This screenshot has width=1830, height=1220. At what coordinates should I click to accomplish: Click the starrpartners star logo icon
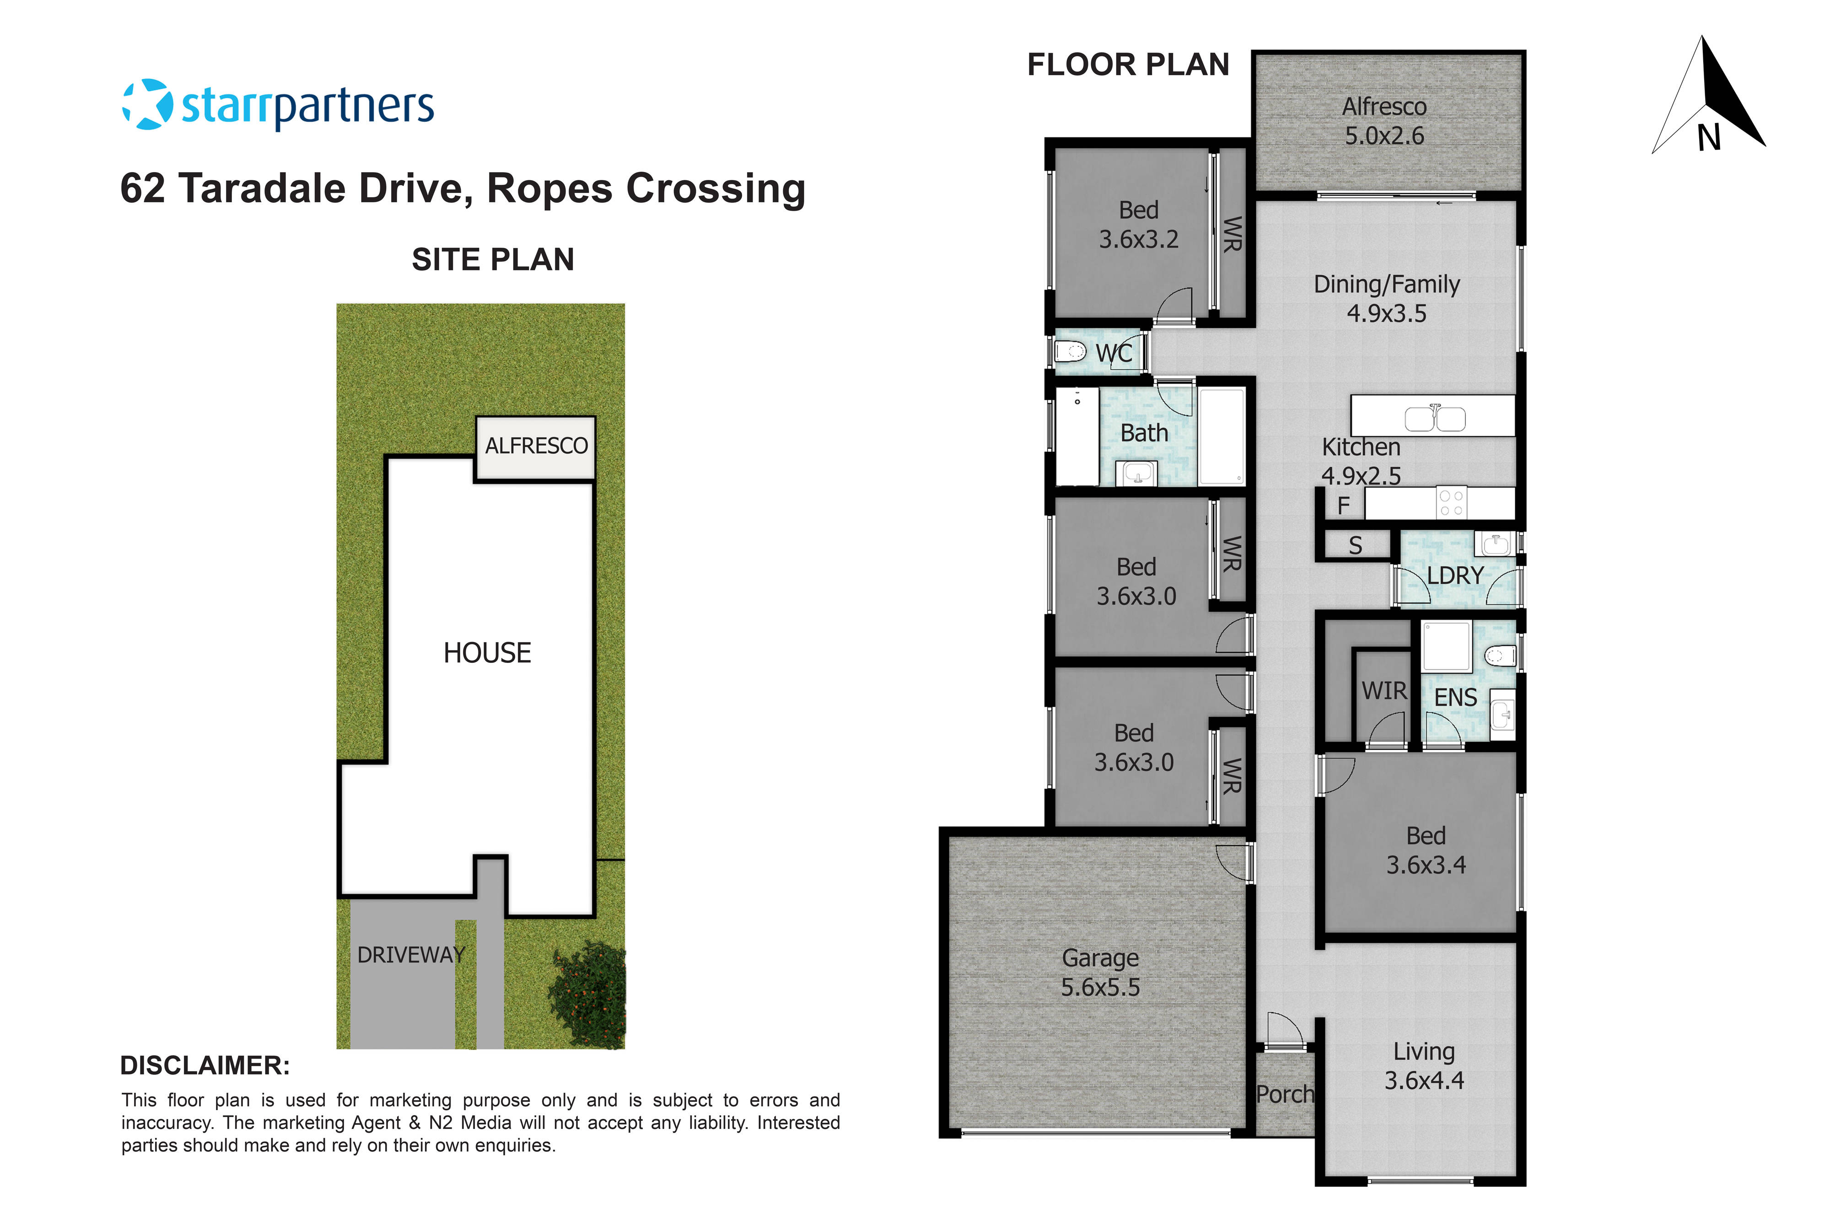(x=147, y=104)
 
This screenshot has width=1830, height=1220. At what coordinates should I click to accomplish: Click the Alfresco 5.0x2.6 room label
(x=1384, y=121)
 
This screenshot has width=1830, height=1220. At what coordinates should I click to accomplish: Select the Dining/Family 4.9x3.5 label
(x=1387, y=298)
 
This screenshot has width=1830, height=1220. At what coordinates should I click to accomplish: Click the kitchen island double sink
(x=1435, y=419)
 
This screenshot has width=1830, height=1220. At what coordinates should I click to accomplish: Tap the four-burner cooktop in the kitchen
(x=1451, y=503)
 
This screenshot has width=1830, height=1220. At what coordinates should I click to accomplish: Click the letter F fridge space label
(x=1343, y=506)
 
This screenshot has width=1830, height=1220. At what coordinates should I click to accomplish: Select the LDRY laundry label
(x=1455, y=576)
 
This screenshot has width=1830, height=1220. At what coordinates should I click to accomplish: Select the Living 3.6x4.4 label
(x=1424, y=1065)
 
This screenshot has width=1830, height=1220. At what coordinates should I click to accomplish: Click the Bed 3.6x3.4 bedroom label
(x=1426, y=849)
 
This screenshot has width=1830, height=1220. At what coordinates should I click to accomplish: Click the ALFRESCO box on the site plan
(x=536, y=446)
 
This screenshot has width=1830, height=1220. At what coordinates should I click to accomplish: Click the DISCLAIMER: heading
(x=205, y=1065)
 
